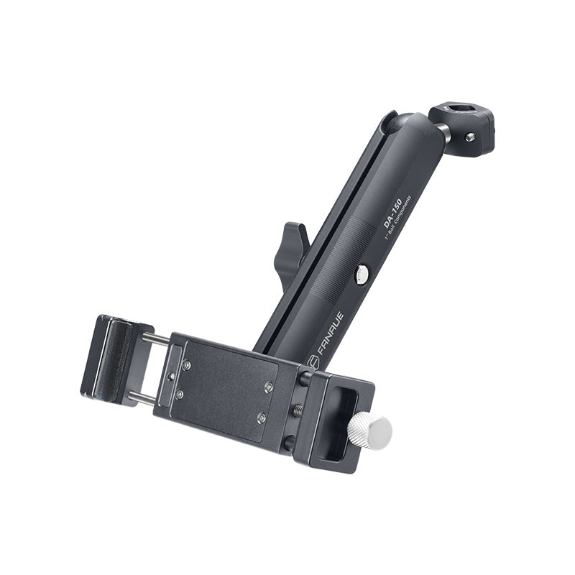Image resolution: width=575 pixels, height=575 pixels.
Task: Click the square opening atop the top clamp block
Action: (x=460, y=111)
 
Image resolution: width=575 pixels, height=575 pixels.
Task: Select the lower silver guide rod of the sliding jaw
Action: (x=142, y=396)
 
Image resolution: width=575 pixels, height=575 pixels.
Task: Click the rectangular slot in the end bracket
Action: (x=336, y=424)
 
